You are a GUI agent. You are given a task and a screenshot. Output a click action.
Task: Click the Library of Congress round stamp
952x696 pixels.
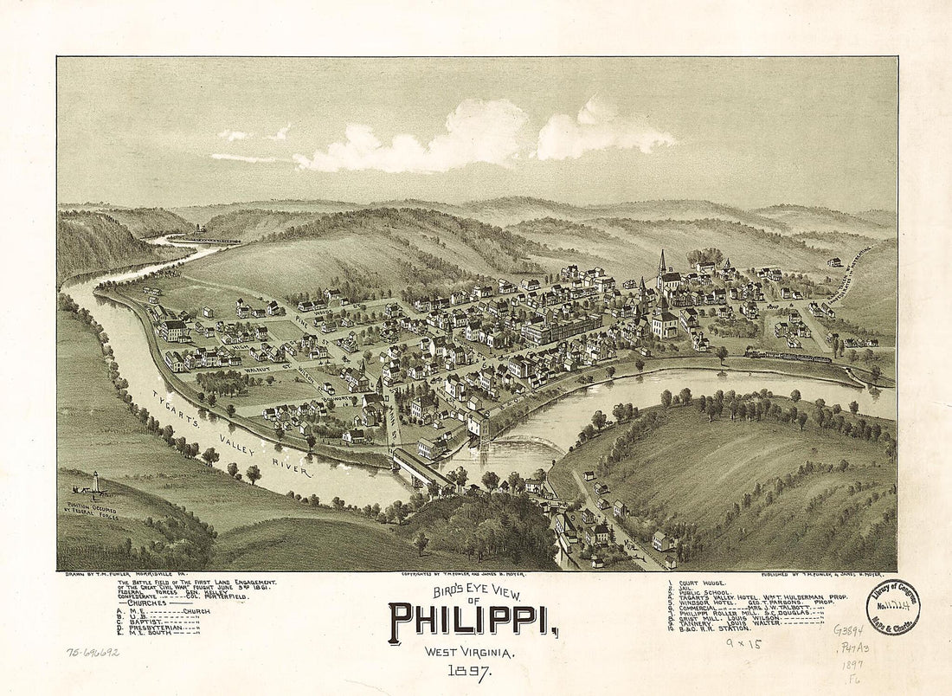(x=892, y=607)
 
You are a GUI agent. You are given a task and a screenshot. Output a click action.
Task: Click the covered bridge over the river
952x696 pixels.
(x=423, y=468)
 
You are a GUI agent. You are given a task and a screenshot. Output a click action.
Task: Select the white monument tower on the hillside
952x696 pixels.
(x=95, y=481)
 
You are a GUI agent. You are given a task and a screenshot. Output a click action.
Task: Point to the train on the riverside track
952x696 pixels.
(x=788, y=355)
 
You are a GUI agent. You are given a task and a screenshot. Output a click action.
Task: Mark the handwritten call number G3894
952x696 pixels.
(x=848, y=629)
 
